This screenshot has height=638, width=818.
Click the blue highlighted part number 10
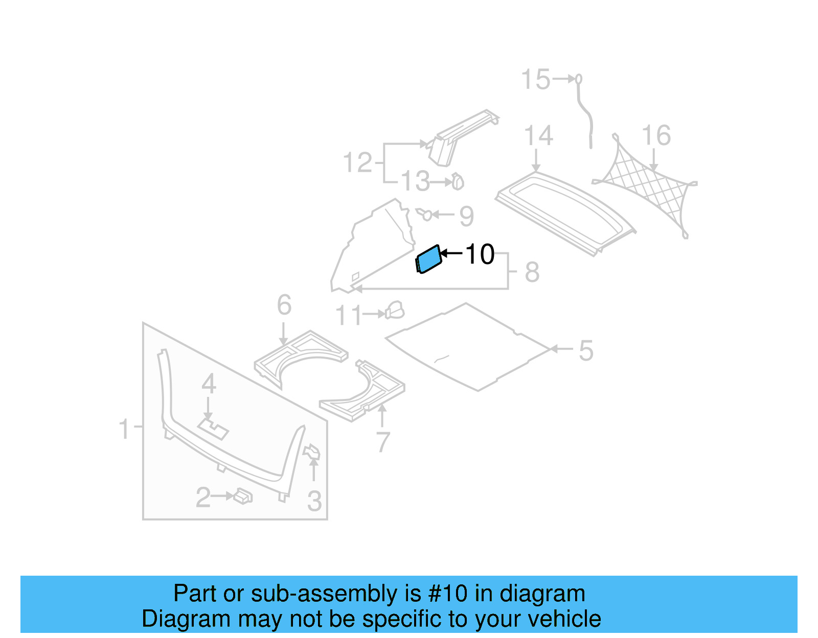(428, 259)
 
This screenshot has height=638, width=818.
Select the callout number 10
(480, 254)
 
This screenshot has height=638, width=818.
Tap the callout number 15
(535, 80)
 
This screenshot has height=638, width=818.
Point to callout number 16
(656, 136)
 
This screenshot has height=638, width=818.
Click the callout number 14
(538, 136)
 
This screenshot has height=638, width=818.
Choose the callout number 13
(415, 182)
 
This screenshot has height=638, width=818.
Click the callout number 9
(466, 216)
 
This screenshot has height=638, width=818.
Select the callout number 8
(532, 272)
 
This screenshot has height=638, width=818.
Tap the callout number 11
(349, 316)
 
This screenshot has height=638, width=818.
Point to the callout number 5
(586, 351)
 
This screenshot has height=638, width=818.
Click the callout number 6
(284, 305)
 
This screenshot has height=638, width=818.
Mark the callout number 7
(383, 442)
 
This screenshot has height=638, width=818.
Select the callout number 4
(209, 384)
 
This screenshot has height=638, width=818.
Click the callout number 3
(314, 501)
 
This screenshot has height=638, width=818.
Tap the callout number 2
(203, 498)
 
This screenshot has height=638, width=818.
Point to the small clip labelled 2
(243, 496)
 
